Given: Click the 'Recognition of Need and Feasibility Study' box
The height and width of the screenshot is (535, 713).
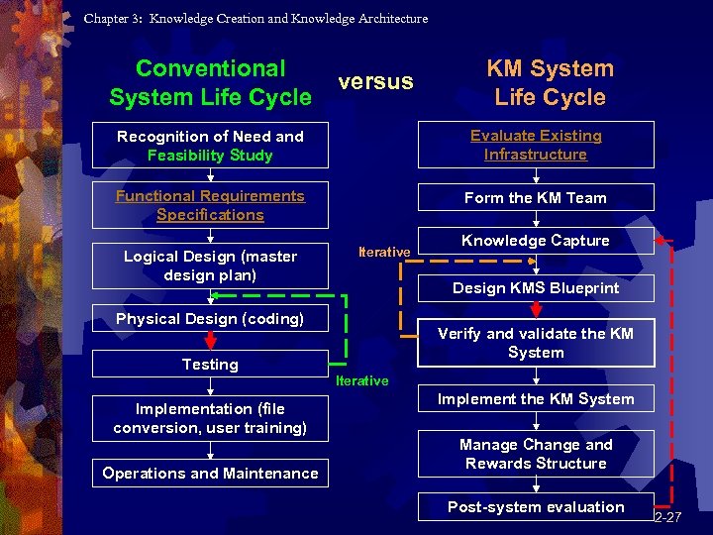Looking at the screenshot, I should pos(210,146).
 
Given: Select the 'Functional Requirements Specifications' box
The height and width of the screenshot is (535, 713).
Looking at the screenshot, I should pos(210,205).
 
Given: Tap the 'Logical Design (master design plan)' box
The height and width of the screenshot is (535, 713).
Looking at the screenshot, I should pos(210,266).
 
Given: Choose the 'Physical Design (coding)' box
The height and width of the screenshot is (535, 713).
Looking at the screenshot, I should pos(210,319).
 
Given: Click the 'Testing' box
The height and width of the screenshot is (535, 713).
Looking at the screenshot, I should pos(210,365).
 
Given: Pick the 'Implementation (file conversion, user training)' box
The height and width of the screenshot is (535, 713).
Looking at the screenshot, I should pos(210,418).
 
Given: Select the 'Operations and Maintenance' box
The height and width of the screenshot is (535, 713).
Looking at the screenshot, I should pos(210,474).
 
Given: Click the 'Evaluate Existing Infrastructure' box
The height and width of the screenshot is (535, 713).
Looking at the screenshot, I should pos(536,145).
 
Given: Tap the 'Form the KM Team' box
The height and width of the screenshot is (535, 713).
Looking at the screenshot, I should pos(536,198).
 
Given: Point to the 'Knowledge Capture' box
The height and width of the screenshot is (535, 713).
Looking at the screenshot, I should pos(536,241).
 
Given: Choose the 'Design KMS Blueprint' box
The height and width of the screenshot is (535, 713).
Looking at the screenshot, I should pos(536,288).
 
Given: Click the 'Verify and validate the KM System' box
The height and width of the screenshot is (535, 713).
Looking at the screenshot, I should pos(536,343).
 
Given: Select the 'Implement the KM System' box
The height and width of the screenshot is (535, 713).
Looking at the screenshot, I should pos(536,399).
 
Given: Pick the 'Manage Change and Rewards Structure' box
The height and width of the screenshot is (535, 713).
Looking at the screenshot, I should pos(536,454).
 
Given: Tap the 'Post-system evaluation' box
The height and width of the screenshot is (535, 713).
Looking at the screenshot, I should pos(536,507).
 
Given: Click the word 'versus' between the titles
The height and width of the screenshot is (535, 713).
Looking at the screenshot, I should pos(375,81).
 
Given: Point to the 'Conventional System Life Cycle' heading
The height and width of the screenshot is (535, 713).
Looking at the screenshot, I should pos(210,83).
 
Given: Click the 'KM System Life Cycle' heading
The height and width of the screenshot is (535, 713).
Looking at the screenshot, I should pos(550,83).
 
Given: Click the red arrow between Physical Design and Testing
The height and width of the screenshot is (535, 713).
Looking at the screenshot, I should pos(210,341).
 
